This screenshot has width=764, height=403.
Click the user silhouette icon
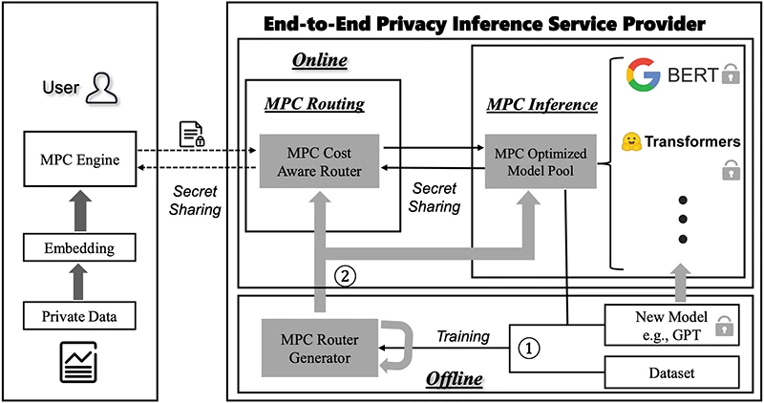point(99,89)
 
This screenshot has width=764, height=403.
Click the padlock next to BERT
point(732,74)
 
